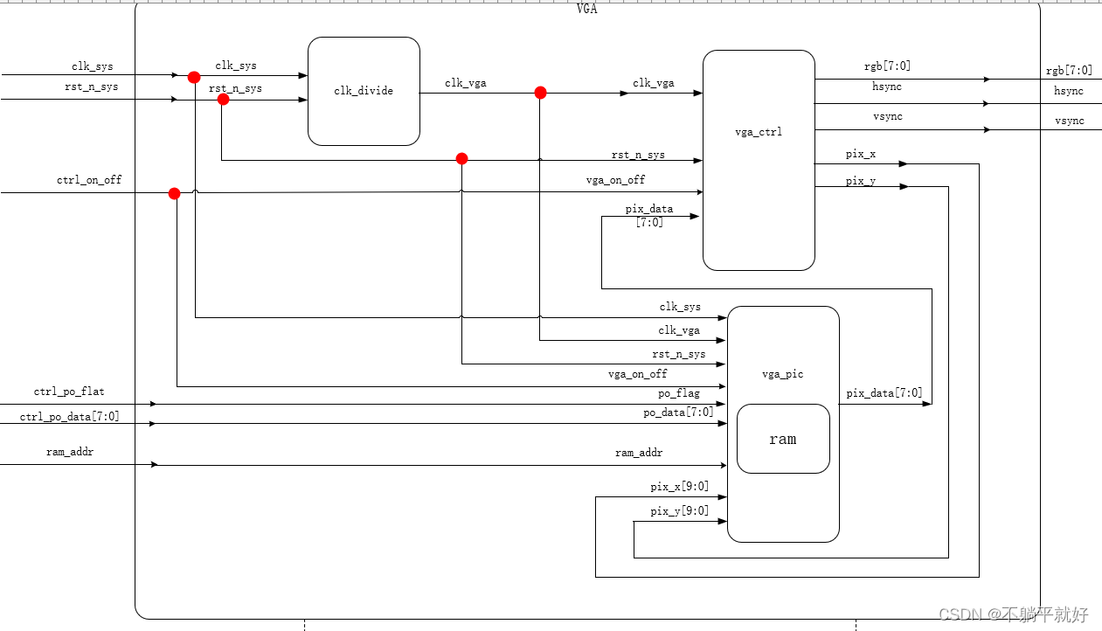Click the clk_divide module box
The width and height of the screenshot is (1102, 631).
pyautogui.click(x=364, y=91)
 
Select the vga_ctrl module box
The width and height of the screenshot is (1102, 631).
pyautogui.click(x=759, y=133)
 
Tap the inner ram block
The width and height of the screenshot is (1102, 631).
pyautogui.click(x=783, y=439)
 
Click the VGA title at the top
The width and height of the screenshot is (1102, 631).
pyautogui.click(x=587, y=9)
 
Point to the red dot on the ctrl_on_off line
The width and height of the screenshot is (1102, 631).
pyautogui.click(x=174, y=193)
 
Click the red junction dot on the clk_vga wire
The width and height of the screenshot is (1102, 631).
pyautogui.click(x=540, y=93)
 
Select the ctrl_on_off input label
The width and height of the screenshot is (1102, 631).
pyautogui.click(x=89, y=180)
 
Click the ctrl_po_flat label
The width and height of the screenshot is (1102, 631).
pyautogui.click(x=69, y=392)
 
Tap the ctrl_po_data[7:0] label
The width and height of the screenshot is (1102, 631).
pyautogui.click(x=70, y=417)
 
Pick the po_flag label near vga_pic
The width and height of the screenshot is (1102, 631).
pyautogui.click(x=678, y=394)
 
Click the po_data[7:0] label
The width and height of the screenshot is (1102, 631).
pyautogui.click(x=678, y=413)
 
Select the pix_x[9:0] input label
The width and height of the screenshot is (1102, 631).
pyautogui.click(x=679, y=487)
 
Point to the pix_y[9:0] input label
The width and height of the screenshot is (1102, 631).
pyautogui.click(x=679, y=511)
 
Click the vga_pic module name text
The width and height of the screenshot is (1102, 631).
pyautogui.click(x=782, y=374)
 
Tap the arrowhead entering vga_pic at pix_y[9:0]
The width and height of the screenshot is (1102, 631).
pyautogui.click(x=723, y=521)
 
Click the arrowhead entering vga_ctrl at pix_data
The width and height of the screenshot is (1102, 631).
pyautogui.click(x=695, y=216)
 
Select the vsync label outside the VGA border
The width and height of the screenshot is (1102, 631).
pyautogui.click(x=1069, y=121)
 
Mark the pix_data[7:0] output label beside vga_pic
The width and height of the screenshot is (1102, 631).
pyautogui.click(x=884, y=393)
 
